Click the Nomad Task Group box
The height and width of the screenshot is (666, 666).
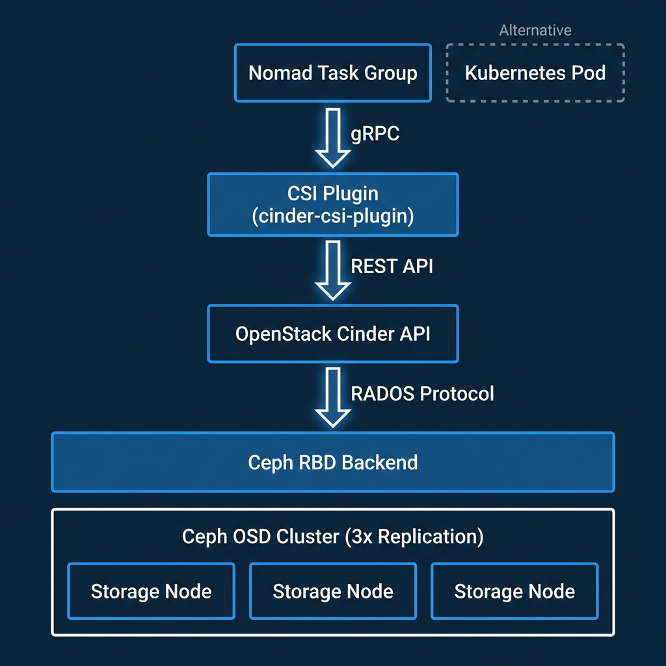pyautogui.click(x=333, y=73)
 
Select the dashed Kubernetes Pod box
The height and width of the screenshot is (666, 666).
pyautogui.click(x=535, y=73)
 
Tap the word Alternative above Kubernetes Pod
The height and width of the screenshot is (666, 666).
pyautogui.click(x=535, y=31)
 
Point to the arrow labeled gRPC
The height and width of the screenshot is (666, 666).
pyautogui.click(x=332, y=138)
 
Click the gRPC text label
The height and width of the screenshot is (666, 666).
pyautogui.click(x=375, y=134)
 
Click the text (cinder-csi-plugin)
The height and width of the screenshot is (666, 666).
pyautogui.click(x=333, y=216)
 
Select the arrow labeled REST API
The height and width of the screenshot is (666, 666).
pyautogui.click(x=332, y=270)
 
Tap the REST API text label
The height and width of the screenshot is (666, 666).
pyautogui.click(x=392, y=266)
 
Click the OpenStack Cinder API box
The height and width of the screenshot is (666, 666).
pyautogui.click(x=333, y=334)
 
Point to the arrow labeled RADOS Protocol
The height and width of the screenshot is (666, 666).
pyautogui.click(x=332, y=397)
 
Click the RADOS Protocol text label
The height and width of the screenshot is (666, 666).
pyautogui.click(x=422, y=393)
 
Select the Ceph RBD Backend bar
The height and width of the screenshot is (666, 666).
pyautogui.click(x=333, y=462)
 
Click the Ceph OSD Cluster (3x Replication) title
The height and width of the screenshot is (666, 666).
pyautogui.click(x=333, y=537)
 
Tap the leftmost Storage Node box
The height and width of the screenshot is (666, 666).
pyautogui.click(x=151, y=591)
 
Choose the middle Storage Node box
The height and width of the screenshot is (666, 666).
pyautogui.click(x=333, y=591)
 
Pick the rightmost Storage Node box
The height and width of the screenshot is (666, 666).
pyautogui.click(x=514, y=591)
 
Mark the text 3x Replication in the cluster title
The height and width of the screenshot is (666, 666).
pyautogui.click(x=415, y=537)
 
